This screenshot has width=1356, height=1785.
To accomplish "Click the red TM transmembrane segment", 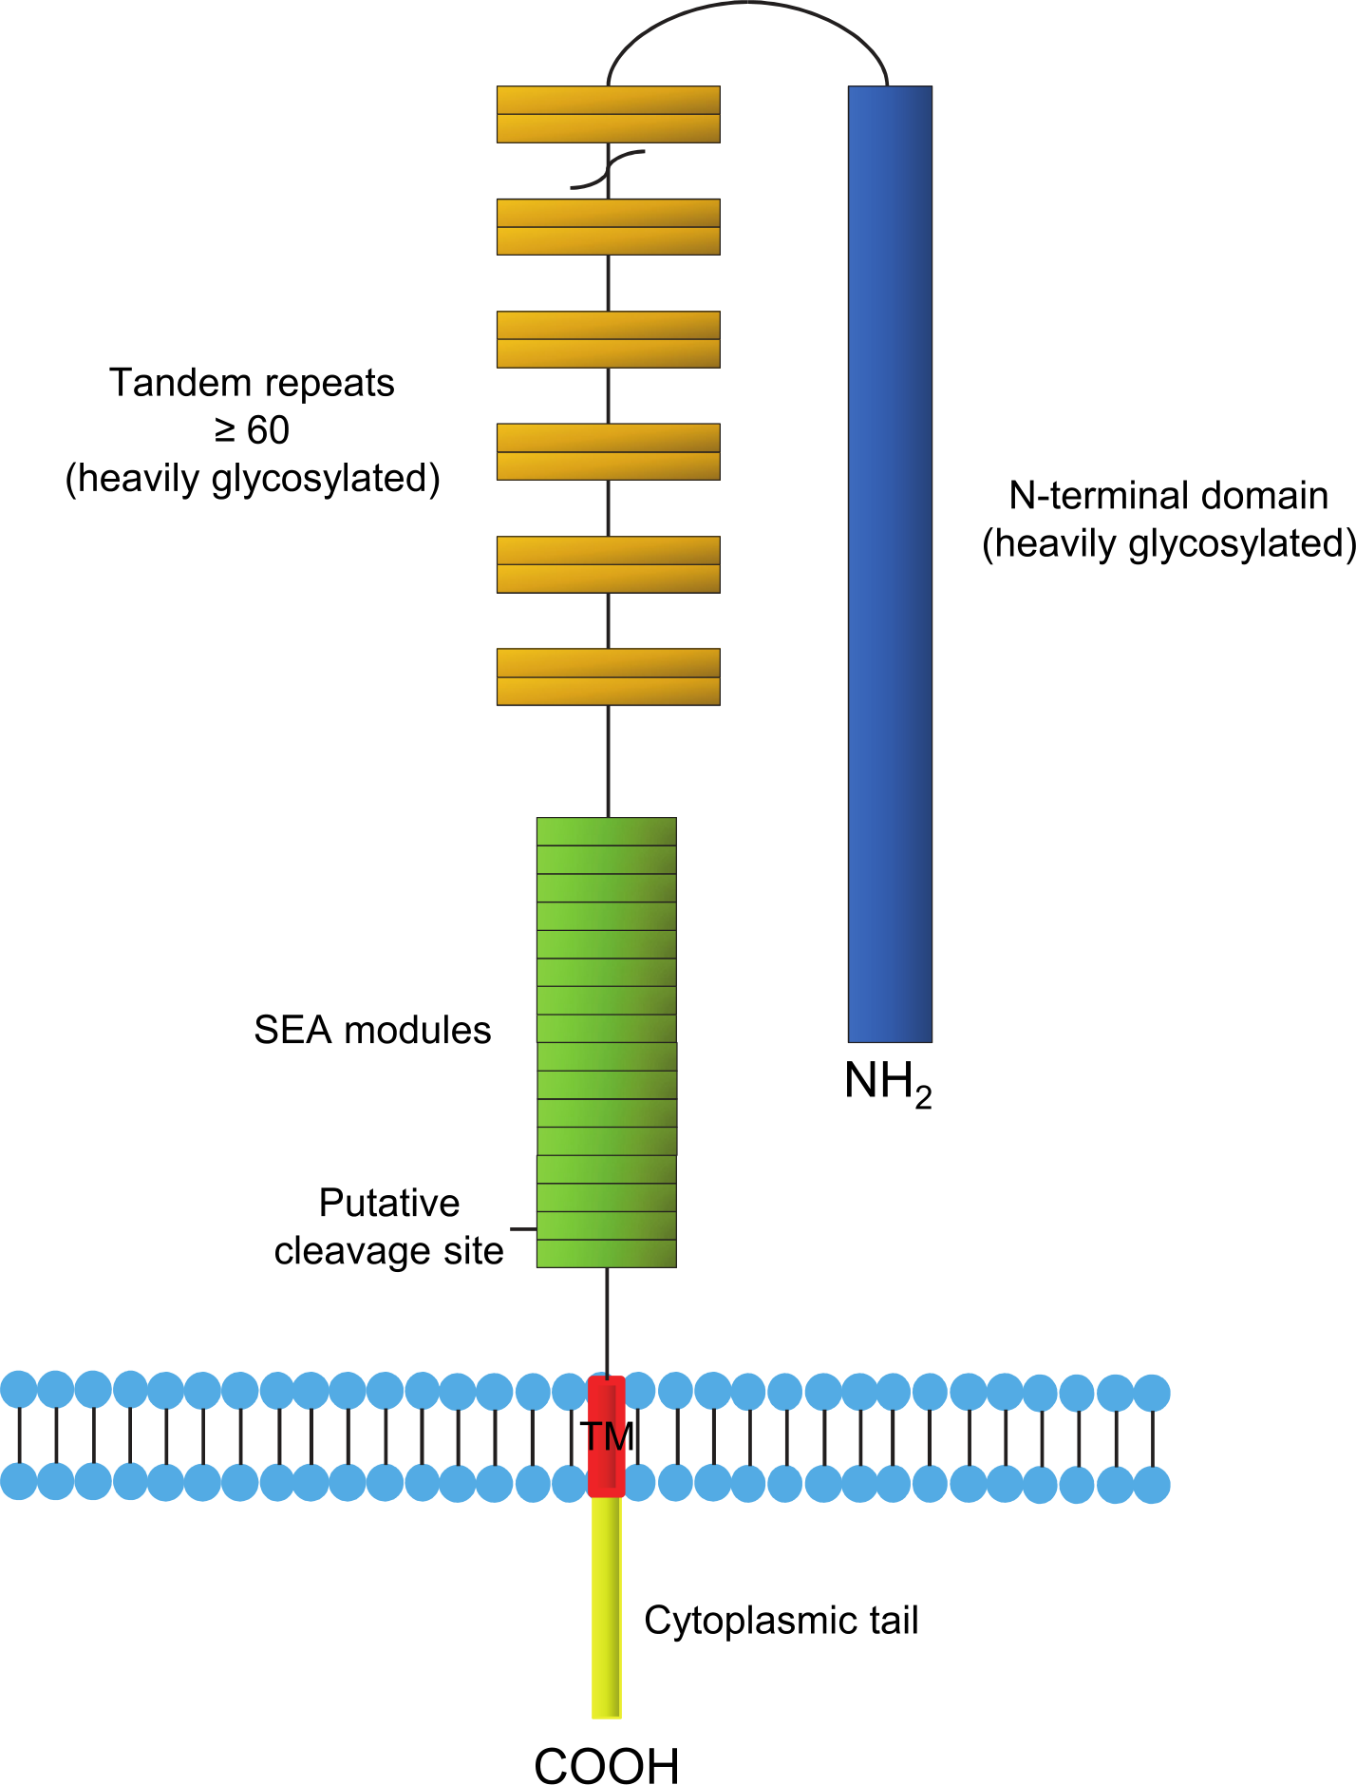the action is click(607, 1435).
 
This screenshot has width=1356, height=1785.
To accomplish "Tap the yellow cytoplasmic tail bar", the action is click(607, 1607).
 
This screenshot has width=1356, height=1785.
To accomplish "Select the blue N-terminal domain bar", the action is click(890, 564).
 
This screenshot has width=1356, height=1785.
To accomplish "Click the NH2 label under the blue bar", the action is click(889, 1083).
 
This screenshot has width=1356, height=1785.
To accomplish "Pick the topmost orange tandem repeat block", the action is click(609, 115).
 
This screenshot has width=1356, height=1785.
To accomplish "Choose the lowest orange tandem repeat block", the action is click(609, 676).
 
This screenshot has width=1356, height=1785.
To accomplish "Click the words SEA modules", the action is click(372, 1030).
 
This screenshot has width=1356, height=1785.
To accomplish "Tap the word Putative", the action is click(389, 1203).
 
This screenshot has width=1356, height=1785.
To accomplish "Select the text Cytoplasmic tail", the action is click(782, 1621).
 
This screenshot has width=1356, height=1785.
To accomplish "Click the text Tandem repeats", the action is click(252, 383).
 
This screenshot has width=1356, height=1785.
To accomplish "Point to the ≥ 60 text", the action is click(252, 430).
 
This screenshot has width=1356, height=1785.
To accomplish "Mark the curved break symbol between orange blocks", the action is click(608, 170).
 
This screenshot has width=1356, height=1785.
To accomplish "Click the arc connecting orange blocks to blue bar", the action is click(748, 3).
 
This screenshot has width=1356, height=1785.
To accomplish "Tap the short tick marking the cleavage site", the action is click(523, 1229).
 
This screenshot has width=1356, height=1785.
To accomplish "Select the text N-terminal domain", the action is click(1169, 495).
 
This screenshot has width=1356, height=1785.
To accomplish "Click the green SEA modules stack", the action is click(607, 1042).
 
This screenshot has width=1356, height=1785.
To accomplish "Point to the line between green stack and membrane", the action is click(607, 1321).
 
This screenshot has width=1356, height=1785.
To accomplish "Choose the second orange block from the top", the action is click(609, 227).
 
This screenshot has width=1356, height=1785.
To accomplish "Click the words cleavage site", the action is click(388, 1250).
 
